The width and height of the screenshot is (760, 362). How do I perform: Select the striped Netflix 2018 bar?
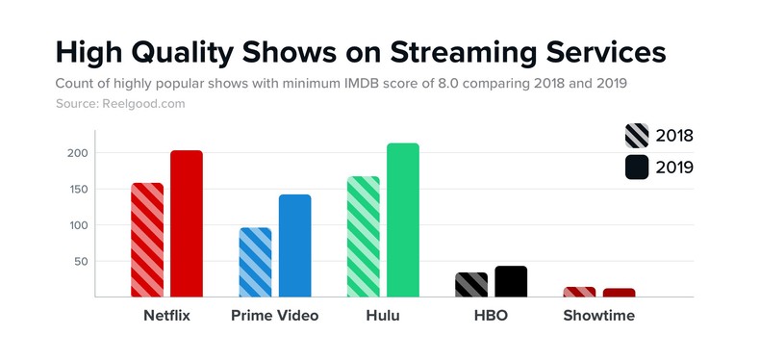tap(147, 240)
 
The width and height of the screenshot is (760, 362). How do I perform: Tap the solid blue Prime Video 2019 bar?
tap(294, 246)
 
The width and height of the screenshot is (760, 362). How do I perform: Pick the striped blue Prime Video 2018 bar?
tap(255, 262)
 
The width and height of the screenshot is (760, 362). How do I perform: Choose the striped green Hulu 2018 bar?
tap(364, 237)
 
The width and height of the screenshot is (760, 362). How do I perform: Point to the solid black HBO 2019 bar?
tap(511, 281)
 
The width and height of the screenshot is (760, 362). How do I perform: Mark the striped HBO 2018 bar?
tap(471, 285)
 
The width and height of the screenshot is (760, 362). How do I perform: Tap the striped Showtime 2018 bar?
tap(579, 292)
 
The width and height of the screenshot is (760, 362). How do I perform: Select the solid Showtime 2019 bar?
tap(619, 293)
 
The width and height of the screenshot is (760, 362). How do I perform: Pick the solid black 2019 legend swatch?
tap(639, 168)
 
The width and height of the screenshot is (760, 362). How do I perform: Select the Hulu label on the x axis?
tap(383, 316)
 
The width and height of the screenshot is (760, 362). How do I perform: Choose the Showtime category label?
tap(598, 316)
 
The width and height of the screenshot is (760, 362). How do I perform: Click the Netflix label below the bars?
tap(166, 316)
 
